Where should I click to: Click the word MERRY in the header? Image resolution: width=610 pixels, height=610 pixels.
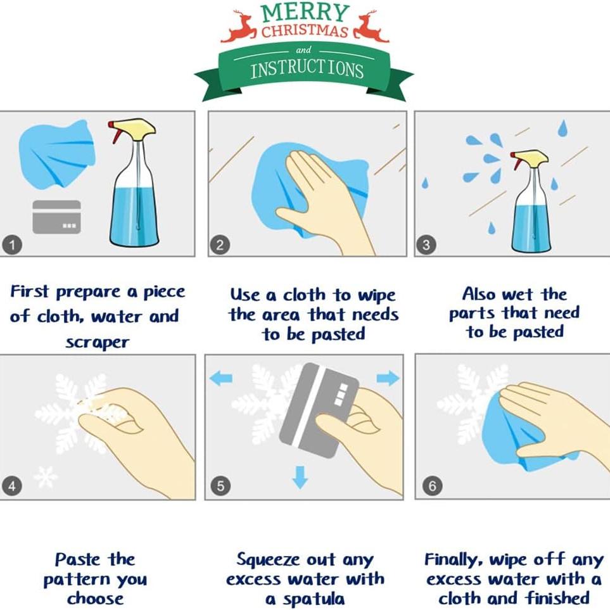305,13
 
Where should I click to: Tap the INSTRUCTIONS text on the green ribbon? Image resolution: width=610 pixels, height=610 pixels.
307,70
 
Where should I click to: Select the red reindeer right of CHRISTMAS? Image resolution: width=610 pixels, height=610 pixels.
371,27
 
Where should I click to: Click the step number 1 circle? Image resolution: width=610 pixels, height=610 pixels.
12,245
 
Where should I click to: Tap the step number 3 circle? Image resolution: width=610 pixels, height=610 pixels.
426,245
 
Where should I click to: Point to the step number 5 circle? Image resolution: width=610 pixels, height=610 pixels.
220,486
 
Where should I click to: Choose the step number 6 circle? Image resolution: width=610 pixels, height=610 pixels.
433,486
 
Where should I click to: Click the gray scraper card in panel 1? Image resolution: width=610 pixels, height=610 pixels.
57,217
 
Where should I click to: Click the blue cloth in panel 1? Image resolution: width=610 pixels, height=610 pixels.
57,155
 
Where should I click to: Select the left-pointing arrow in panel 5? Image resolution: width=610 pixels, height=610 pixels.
221,378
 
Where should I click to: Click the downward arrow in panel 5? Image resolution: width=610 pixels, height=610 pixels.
300,477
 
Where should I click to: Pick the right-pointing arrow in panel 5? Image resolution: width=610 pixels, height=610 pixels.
388,378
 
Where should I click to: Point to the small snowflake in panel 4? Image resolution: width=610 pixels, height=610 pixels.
46,476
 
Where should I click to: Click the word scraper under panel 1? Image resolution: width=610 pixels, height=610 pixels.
98,343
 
